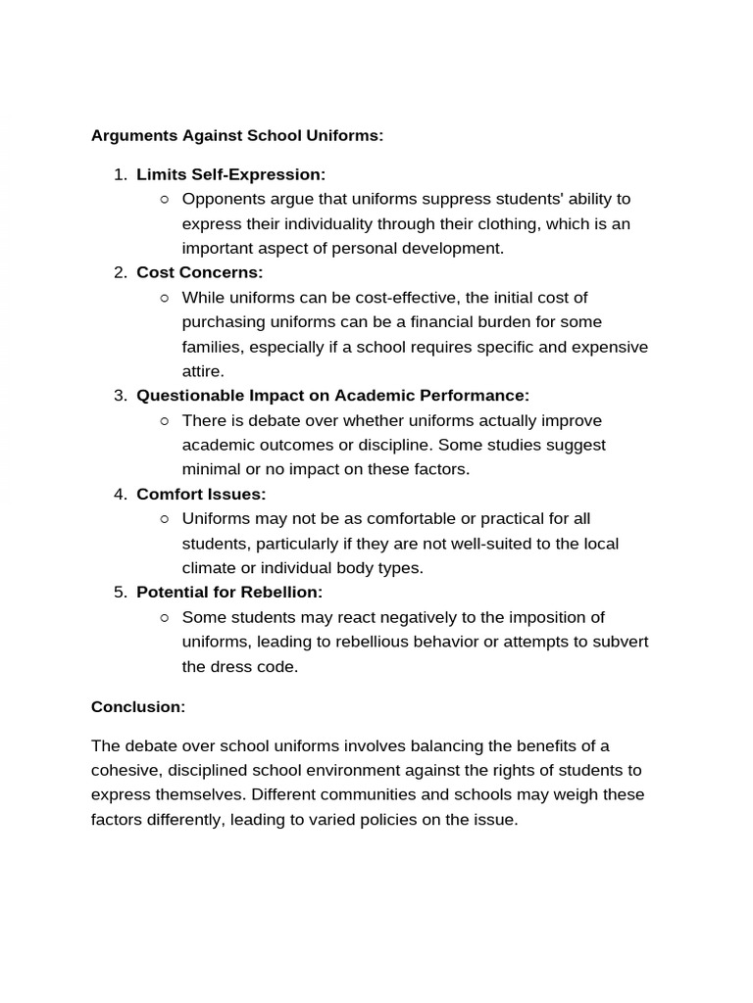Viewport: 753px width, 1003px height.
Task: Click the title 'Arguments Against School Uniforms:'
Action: [x=237, y=135]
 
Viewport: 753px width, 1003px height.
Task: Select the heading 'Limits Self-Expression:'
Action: [x=230, y=174]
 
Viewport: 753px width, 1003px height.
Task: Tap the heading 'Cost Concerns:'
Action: [x=200, y=272]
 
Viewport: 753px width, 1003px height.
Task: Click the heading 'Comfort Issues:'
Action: [x=201, y=494]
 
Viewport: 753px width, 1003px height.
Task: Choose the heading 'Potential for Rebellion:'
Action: [x=229, y=592]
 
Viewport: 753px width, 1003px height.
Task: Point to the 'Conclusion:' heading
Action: [x=138, y=706]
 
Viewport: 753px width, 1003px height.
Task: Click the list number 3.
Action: [x=120, y=396]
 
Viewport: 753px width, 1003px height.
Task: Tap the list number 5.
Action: [x=120, y=592]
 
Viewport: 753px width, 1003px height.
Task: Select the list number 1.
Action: [x=120, y=174]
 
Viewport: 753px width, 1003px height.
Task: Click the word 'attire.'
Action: [x=203, y=371]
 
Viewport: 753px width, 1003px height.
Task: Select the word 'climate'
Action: [x=210, y=568]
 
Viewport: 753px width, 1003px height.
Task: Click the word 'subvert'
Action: [x=622, y=642]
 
